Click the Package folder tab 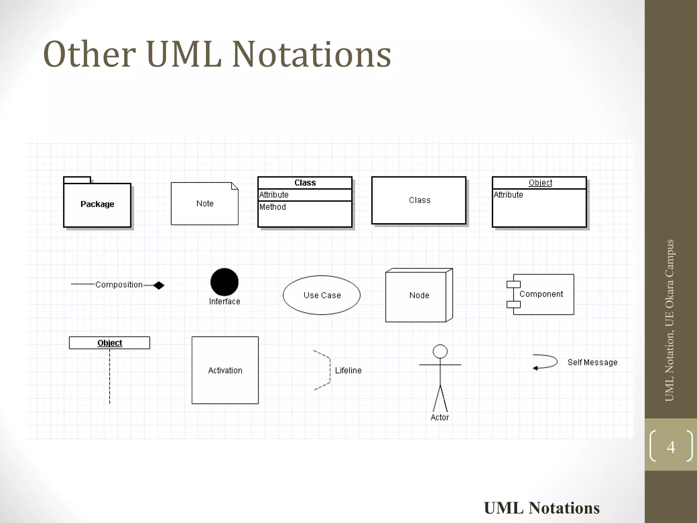pyautogui.click(x=77, y=180)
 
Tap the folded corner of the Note pyautogui.click(x=234, y=186)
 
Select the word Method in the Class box pyautogui.click(x=273, y=207)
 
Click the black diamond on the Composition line pyautogui.click(x=159, y=285)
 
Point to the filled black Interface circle pyautogui.click(x=224, y=282)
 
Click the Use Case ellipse pyautogui.click(x=322, y=295)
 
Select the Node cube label pyautogui.click(x=419, y=295)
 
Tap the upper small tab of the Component pyautogui.click(x=514, y=284)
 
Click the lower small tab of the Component pyautogui.click(x=514, y=304)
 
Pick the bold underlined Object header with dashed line pyautogui.click(x=110, y=343)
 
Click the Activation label pyautogui.click(x=225, y=370)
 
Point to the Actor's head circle pyautogui.click(x=440, y=351)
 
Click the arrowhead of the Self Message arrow pyautogui.click(x=535, y=368)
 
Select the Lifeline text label pyautogui.click(x=348, y=370)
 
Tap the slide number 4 pyautogui.click(x=671, y=447)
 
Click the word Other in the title pyautogui.click(x=89, y=54)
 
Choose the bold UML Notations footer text pyautogui.click(x=541, y=508)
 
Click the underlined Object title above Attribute pyautogui.click(x=540, y=183)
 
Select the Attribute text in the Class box pyautogui.click(x=274, y=195)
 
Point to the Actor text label pyautogui.click(x=440, y=417)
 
